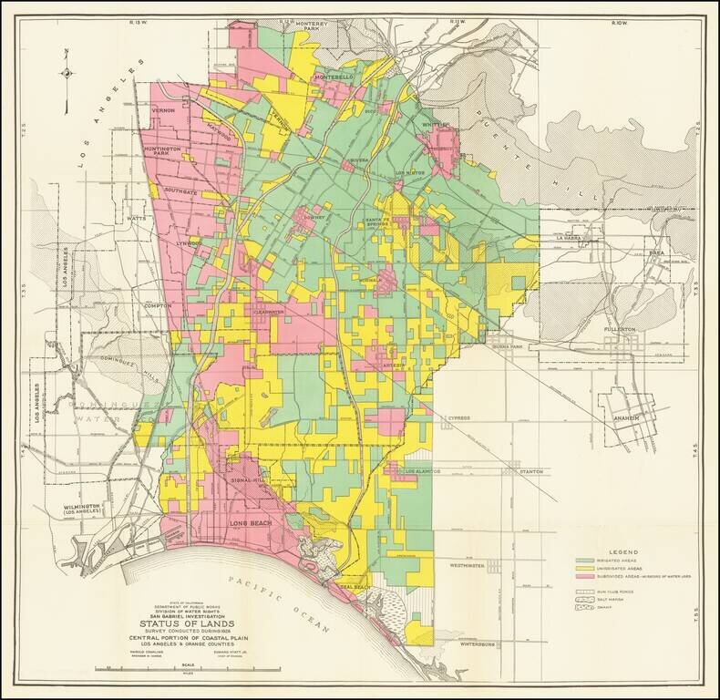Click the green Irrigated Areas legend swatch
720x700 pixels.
click(585, 560)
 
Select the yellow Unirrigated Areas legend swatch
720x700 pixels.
click(585, 568)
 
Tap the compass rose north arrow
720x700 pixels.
click(67, 71)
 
